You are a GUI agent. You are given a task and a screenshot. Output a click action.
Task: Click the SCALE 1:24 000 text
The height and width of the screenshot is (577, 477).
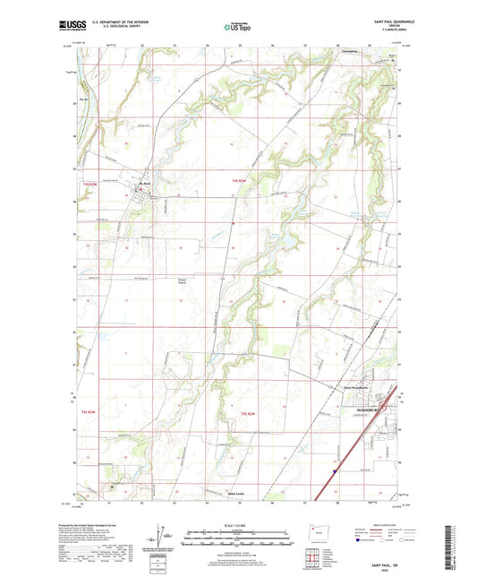point(238,523)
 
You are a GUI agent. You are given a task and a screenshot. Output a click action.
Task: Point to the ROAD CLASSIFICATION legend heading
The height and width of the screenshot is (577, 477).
point(381,524)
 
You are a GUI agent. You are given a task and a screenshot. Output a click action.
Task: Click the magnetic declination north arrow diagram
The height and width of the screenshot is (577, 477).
point(165,536)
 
